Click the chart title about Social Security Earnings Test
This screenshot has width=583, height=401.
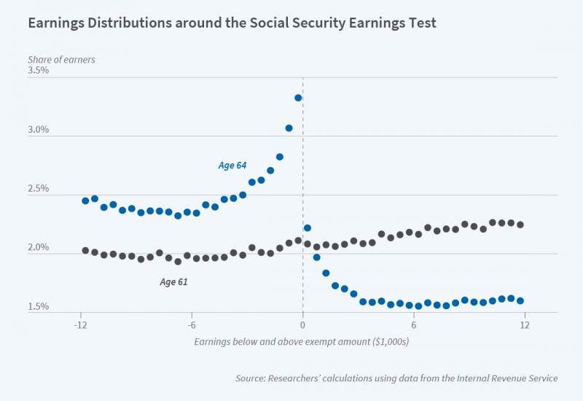pos(232,23)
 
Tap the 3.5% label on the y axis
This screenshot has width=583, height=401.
pos(38,71)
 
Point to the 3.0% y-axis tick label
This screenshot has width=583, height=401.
pos(38,130)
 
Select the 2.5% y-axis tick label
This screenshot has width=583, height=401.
pos(38,189)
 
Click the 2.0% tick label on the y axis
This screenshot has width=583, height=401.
pos(38,248)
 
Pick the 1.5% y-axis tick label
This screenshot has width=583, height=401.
pos(38,307)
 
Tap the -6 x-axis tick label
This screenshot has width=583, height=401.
pos(191,324)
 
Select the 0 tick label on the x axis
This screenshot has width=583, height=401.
pos(302,324)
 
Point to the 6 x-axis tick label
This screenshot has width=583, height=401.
pos(414,324)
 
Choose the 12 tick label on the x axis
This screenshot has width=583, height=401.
pos(524,324)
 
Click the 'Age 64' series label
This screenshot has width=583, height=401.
pos(232,166)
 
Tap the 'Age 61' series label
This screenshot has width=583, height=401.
pos(173,281)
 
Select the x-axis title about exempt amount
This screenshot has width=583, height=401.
pos(301,341)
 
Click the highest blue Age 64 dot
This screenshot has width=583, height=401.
pos(298,98)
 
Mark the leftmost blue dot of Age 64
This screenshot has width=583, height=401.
pos(85,200)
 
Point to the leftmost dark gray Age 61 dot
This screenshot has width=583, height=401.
pos(85,250)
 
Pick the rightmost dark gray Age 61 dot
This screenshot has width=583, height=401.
pos(520,225)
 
